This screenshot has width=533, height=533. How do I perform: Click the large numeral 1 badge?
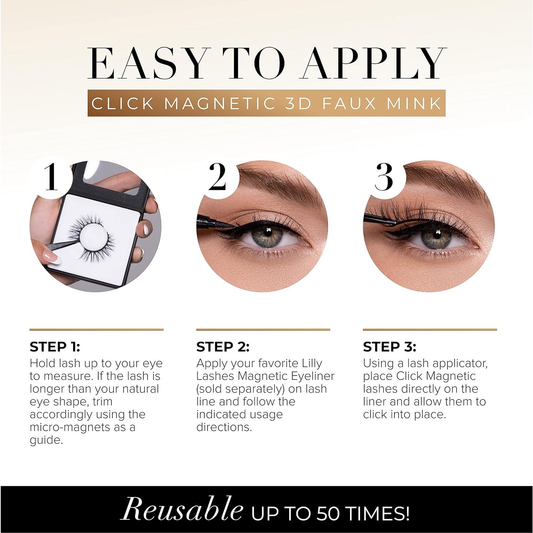(51, 177)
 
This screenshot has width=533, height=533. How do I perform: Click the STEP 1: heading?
(55, 347)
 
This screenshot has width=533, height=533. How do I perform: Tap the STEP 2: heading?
(223, 347)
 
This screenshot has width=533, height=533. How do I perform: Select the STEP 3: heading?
(389, 347)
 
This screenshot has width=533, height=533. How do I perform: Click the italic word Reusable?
(182, 509)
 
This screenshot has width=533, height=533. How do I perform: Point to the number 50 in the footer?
(329, 513)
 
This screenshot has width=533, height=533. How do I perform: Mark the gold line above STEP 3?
(430, 329)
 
